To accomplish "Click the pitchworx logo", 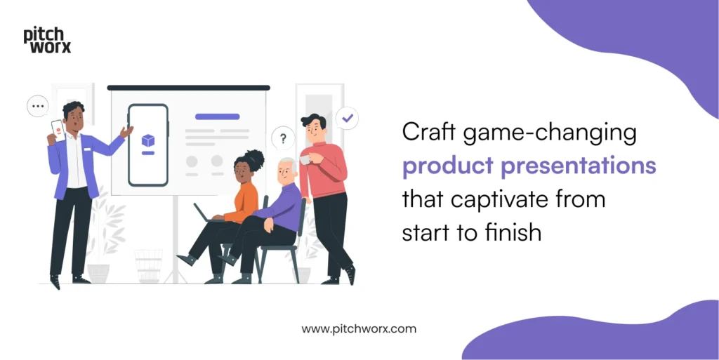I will coord(47,41).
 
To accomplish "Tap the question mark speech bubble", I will coord(283,138).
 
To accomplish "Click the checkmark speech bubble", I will coord(347,119).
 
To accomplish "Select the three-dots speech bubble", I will coord(37,107).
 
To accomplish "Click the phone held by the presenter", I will coord(58,131).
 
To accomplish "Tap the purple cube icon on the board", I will coord(148,140).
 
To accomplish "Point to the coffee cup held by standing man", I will coord(305,161).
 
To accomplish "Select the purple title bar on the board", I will coord(217,116).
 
